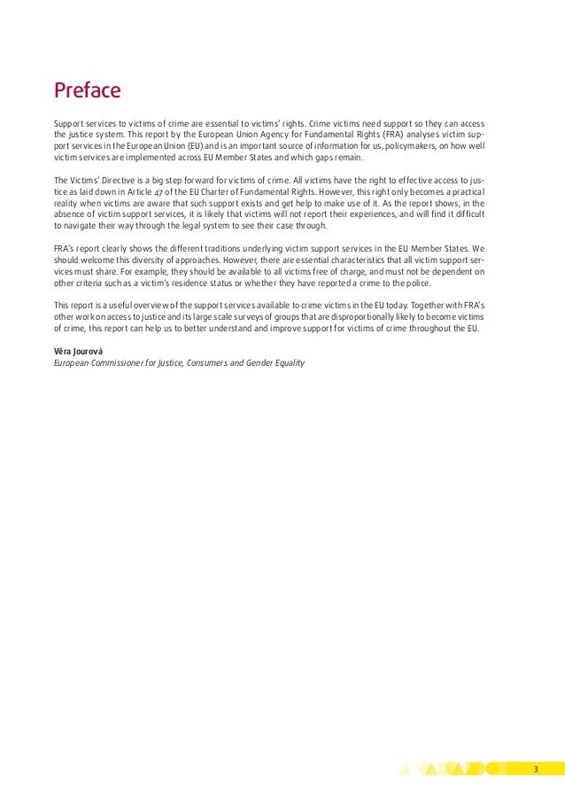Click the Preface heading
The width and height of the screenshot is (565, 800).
click(x=87, y=91)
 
